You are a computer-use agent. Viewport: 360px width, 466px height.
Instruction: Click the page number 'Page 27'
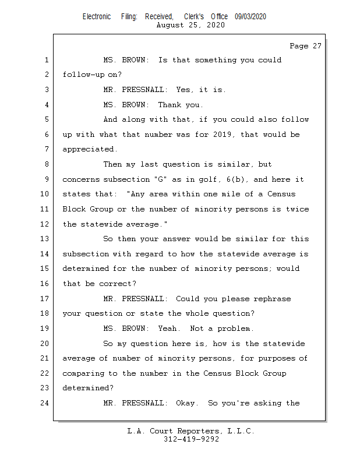(x=305, y=46)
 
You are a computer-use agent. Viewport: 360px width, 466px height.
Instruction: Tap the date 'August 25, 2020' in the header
(x=191, y=25)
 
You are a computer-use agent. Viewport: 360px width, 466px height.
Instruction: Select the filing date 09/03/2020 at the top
(x=250, y=17)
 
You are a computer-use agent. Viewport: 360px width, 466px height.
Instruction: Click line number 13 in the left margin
(x=47, y=239)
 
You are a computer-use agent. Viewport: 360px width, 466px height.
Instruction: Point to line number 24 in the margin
(x=47, y=403)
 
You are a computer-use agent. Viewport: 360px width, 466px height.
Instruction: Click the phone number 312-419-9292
(x=191, y=440)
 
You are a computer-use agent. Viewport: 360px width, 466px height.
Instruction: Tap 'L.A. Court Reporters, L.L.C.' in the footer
(x=191, y=431)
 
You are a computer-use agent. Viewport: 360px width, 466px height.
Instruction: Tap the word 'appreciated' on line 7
(x=90, y=150)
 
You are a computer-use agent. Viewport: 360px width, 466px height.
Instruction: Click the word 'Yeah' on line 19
(x=168, y=329)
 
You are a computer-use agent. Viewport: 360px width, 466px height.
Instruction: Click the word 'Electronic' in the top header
(x=97, y=17)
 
